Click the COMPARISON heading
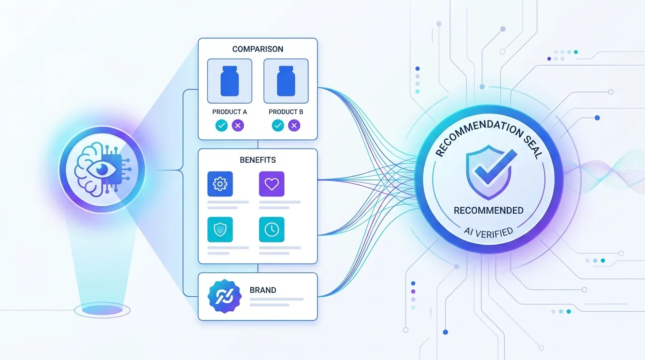(x=258, y=49)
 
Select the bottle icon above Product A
(x=230, y=81)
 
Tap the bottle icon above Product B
(x=286, y=81)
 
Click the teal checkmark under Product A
(x=221, y=125)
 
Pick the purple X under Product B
(x=294, y=125)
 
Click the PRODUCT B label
(x=286, y=112)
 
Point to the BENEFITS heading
(x=258, y=160)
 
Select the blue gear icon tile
(x=220, y=184)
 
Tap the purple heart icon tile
(x=271, y=184)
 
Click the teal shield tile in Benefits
(x=220, y=230)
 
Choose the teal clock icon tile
(x=271, y=230)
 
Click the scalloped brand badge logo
(x=225, y=296)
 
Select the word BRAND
(x=263, y=290)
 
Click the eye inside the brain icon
(x=102, y=169)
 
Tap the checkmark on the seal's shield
(x=496, y=167)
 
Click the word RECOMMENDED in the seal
(x=488, y=210)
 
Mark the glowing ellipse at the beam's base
(x=102, y=310)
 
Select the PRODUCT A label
(x=230, y=112)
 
